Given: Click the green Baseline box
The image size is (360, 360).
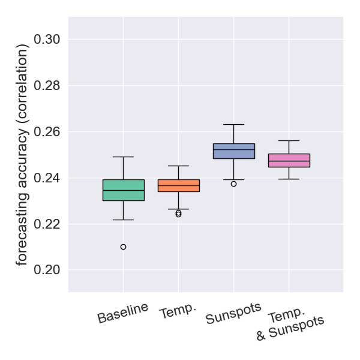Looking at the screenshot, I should (x=123, y=190).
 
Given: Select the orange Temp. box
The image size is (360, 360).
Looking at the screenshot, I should (x=178, y=185).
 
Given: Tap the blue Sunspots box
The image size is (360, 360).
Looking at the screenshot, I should (x=233, y=151).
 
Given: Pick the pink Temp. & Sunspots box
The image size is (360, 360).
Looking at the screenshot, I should (x=289, y=160).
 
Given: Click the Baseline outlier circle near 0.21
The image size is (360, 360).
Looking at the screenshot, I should (x=123, y=247).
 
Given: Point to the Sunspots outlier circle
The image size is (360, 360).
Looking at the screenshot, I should (x=233, y=184).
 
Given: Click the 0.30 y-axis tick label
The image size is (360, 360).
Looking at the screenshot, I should (x=47, y=40).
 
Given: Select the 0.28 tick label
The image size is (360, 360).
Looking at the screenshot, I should (x=47, y=86).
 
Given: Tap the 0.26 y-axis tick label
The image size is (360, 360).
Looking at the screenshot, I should (x=47, y=132).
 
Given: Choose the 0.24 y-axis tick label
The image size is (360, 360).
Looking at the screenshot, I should (x=47, y=178).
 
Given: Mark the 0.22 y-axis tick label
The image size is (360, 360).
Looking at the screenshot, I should (x=47, y=224).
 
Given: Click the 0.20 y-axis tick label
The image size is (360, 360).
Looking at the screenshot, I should (x=47, y=270).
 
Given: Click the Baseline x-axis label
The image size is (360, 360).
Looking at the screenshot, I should (x=123, y=313).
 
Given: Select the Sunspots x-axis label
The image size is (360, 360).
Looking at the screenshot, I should (x=233, y=314).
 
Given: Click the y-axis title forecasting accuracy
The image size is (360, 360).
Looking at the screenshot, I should (x=22, y=155).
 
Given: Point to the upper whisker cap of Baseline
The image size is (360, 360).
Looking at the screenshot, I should (x=123, y=157).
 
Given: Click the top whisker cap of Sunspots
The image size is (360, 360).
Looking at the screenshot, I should (x=233, y=124).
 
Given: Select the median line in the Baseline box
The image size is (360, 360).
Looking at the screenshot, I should (x=123, y=190).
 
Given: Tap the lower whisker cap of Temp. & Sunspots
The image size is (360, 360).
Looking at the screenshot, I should (x=289, y=179).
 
